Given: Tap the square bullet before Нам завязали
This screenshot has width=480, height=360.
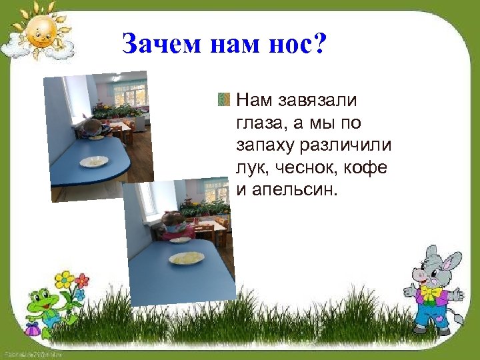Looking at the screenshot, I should (x=223, y=101).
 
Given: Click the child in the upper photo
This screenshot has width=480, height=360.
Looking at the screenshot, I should (x=92, y=128).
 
